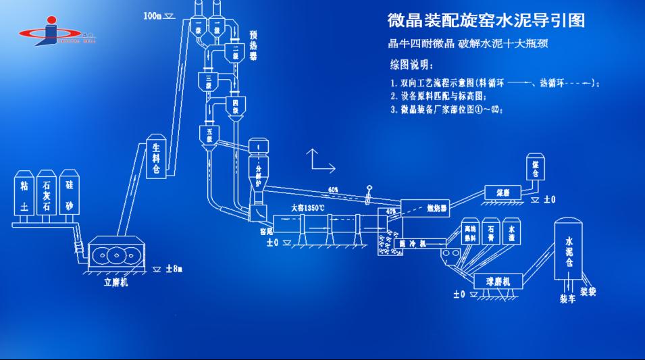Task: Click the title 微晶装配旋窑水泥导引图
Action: [486, 21]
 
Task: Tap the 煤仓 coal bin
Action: [536, 169]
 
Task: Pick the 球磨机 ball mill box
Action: [492, 280]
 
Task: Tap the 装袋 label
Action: [588, 292]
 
